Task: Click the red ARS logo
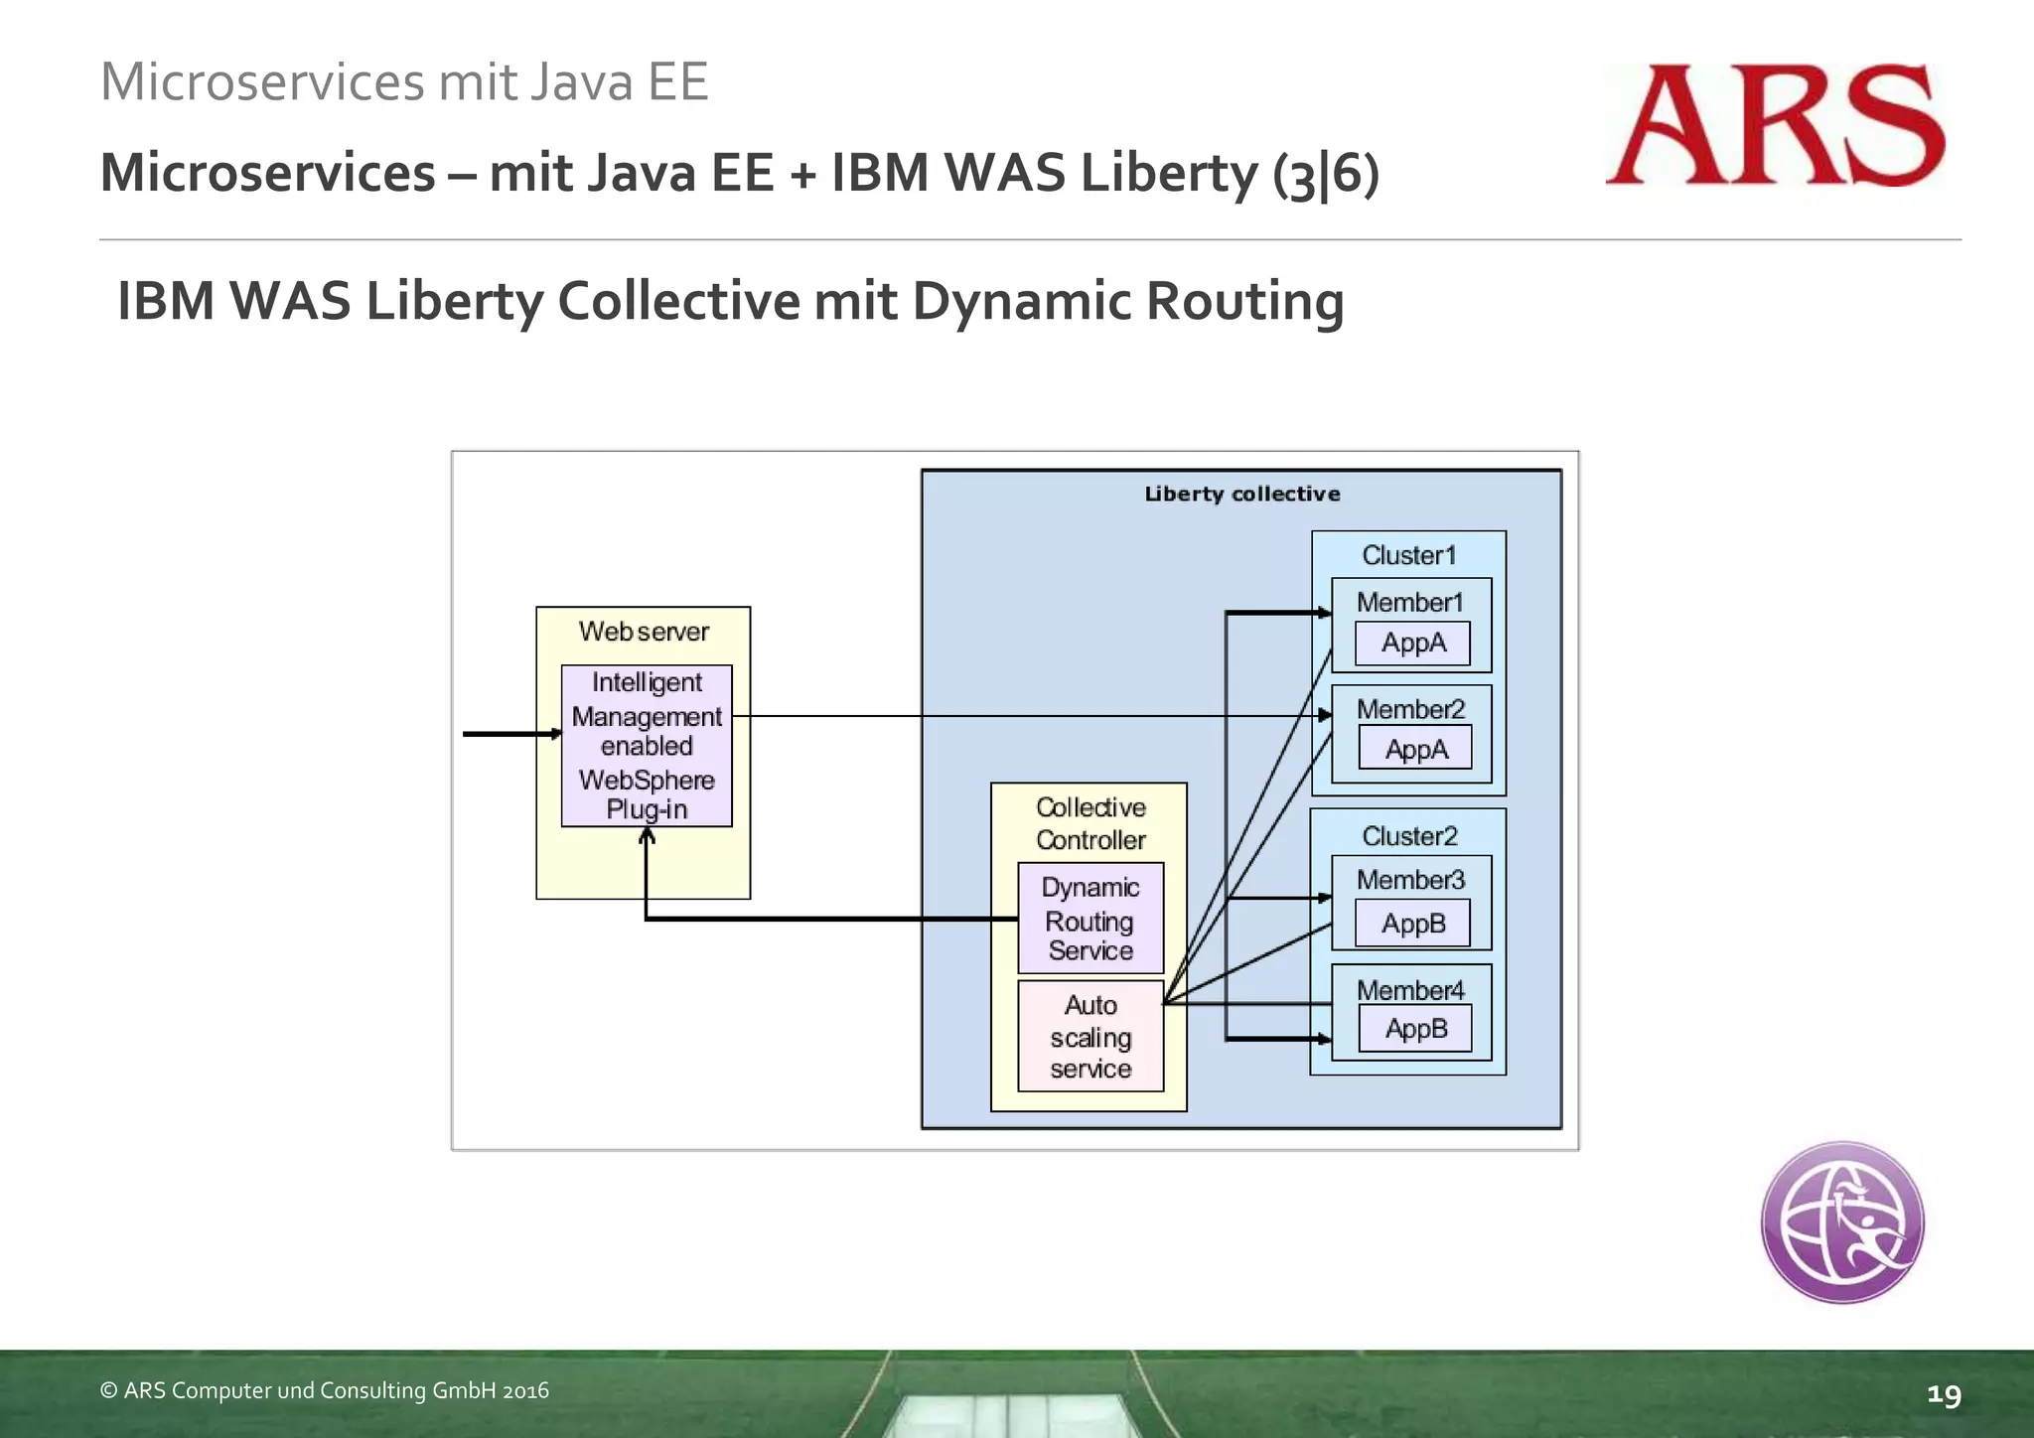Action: (x=1774, y=125)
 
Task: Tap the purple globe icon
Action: (x=1842, y=1222)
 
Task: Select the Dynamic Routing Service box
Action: (x=1090, y=919)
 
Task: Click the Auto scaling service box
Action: (x=1090, y=1037)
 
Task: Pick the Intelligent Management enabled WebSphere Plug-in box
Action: (x=647, y=746)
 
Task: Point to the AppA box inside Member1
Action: (x=1412, y=644)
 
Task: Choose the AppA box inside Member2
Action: (x=1415, y=750)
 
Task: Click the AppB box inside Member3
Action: (x=1412, y=924)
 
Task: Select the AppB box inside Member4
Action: (x=1415, y=1029)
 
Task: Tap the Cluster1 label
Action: (x=1408, y=555)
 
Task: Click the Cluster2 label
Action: (x=1409, y=836)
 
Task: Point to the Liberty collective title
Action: (x=1241, y=495)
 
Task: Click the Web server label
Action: (x=644, y=632)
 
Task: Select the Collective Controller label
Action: (x=1090, y=823)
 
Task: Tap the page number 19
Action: (x=1944, y=1395)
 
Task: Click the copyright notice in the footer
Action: (x=325, y=1390)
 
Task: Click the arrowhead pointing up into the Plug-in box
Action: (x=647, y=836)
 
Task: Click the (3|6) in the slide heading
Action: (x=1326, y=174)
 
